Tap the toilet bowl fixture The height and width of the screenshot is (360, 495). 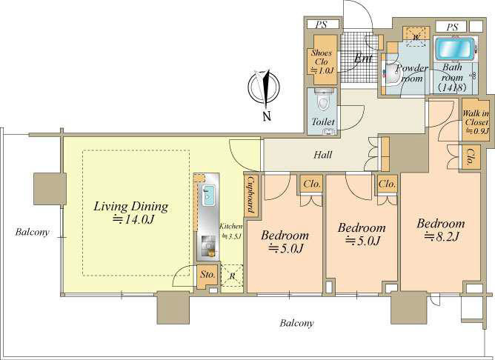323,100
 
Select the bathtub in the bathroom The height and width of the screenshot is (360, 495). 454,49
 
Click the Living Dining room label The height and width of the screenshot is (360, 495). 131,213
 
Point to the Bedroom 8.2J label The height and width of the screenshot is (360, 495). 441,230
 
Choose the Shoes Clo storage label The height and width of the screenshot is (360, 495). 322,61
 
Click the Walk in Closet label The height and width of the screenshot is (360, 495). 475,121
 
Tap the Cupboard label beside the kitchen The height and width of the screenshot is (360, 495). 251,195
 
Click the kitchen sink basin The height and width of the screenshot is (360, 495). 208,195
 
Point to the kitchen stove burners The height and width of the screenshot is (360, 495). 208,244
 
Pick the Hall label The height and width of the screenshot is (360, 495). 323,155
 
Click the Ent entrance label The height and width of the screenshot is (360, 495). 363,59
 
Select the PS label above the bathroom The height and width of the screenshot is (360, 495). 452,27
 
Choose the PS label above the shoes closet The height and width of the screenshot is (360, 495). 321,24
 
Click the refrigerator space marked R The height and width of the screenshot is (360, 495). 232,276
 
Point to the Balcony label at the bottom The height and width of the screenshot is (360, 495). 296,323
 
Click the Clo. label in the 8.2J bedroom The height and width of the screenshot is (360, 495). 470,157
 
